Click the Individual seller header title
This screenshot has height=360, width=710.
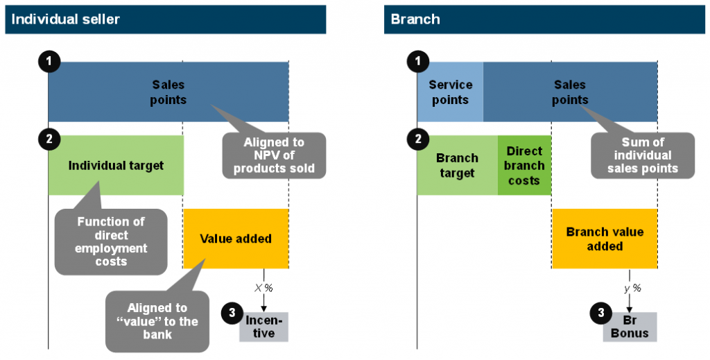(65, 19)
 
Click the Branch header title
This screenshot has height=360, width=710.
(415, 19)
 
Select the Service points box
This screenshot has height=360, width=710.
(450, 92)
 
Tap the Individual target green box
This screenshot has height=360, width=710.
(116, 165)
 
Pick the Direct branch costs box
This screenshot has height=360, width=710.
(524, 165)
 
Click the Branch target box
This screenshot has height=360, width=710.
(458, 165)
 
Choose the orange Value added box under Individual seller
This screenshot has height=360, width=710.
(236, 239)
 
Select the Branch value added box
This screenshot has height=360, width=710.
(605, 239)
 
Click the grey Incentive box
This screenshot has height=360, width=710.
(263, 327)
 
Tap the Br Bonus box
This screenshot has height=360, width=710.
(630, 327)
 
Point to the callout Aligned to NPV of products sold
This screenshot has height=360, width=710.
(274, 155)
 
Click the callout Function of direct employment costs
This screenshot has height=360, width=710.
(111, 241)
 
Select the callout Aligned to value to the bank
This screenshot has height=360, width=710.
(157, 321)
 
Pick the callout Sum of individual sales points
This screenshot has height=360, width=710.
(643, 155)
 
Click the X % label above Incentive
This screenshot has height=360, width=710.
(263, 288)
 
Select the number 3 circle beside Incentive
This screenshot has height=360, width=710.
(232, 312)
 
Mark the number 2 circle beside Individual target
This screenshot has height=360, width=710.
(49, 139)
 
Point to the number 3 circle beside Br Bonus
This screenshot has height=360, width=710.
(601, 312)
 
